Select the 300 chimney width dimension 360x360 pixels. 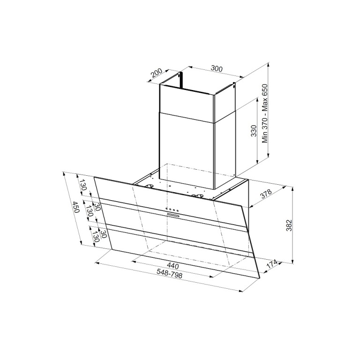(x=217, y=68)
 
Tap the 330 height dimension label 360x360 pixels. (x=254, y=131)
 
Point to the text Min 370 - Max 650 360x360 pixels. (x=265, y=113)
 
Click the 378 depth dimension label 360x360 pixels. (x=266, y=194)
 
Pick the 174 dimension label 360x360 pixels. (x=272, y=264)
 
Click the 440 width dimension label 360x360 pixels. (x=172, y=266)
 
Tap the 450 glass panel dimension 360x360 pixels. (x=75, y=207)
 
